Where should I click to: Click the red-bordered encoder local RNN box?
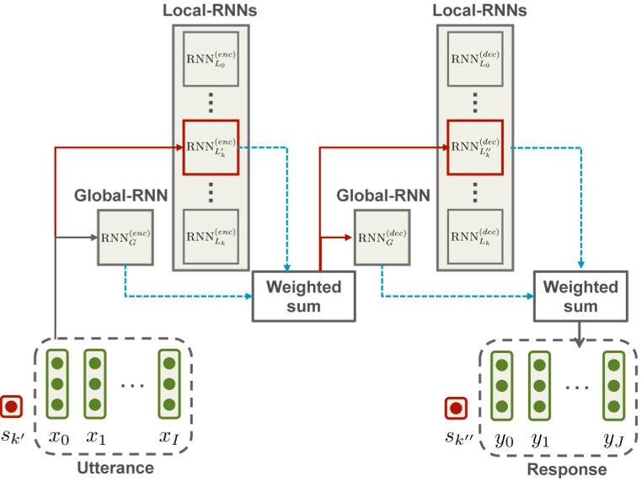(x=211, y=146)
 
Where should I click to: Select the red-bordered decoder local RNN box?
(x=474, y=146)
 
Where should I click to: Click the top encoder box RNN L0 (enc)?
(x=211, y=63)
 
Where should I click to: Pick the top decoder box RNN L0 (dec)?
(x=474, y=63)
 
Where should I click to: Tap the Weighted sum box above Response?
(x=580, y=297)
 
